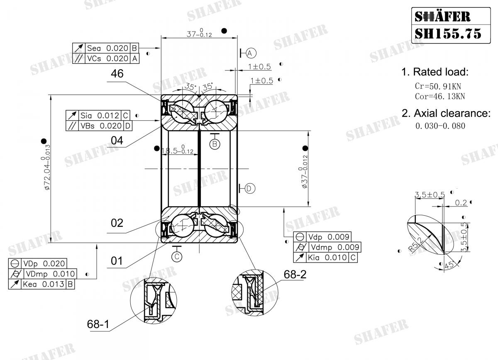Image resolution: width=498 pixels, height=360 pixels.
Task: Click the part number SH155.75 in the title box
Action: pos(448,33)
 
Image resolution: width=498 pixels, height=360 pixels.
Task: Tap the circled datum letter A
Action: pos(251,53)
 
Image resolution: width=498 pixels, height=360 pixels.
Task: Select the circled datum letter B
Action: pos(215,144)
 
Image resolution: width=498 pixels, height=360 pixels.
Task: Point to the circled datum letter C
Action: pos(177,256)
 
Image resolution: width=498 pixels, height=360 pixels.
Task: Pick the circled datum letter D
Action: pos(249,189)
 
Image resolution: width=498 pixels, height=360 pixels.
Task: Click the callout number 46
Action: pos(117,74)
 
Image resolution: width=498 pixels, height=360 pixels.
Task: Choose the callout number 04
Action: pos(117,141)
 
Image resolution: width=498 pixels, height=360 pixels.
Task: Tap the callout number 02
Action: pos(117,223)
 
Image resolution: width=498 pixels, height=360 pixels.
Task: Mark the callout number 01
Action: pos(117,261)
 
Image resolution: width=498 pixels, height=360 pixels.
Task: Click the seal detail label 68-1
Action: pos(98,324)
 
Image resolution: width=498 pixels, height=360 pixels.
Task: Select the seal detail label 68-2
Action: pos(295,274)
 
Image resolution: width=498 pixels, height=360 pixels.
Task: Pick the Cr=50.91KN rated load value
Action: pos(438,87)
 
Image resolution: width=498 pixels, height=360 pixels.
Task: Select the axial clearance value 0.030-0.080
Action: pos(440,126)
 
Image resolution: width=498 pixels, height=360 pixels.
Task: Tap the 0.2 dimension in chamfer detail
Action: pos(461,203)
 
